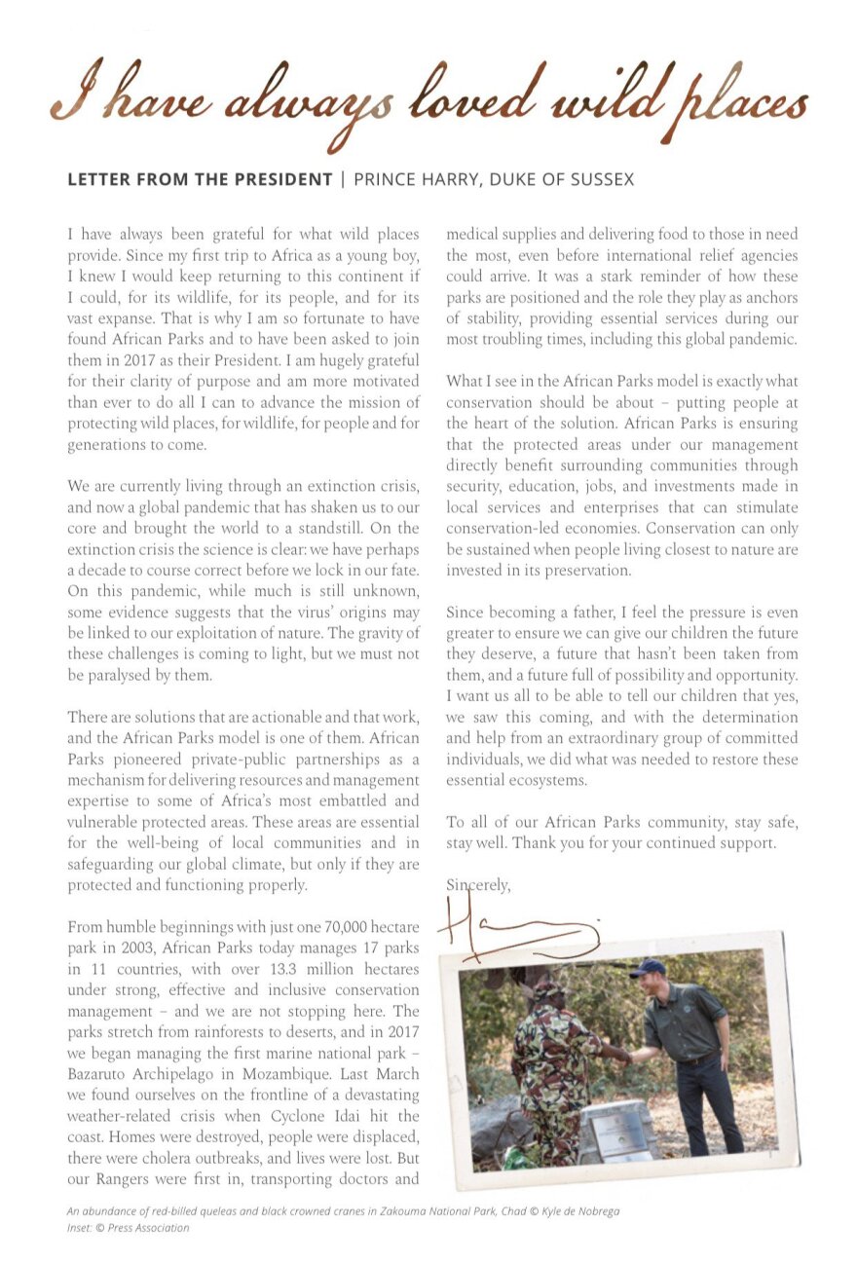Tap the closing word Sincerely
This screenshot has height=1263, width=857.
pyautogui.click(x=478, y=885)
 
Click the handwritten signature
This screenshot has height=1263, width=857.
pyautogui.click(x=516, y=930)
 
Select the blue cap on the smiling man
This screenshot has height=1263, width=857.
pyautogui.click(x=647, y=968)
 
